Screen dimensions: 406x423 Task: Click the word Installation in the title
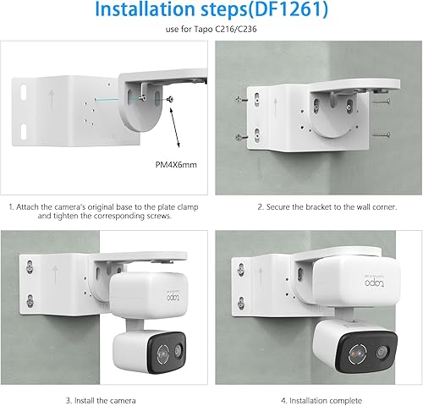tap(138, 13)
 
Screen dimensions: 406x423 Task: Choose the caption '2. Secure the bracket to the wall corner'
tap(315, 206)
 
